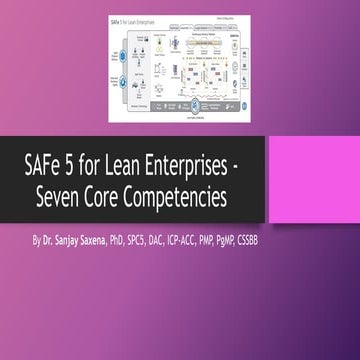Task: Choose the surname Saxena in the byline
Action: [110, 241]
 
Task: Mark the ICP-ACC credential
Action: [219, 241]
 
